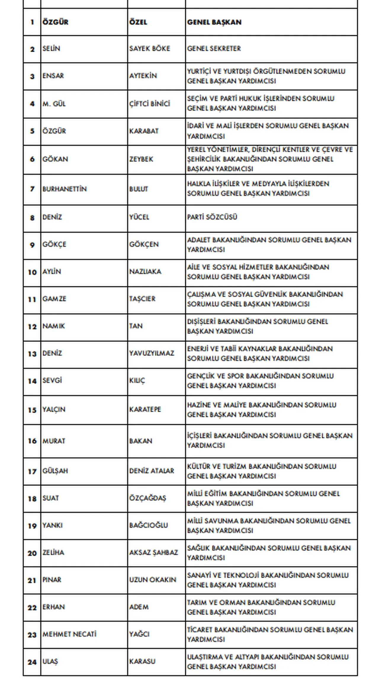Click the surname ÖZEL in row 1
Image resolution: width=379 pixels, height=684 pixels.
(138, 22)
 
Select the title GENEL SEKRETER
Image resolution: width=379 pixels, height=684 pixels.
(214, 49)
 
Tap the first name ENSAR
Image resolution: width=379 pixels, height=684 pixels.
(53, 76)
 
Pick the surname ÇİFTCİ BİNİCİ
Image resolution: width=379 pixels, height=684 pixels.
(150, 104)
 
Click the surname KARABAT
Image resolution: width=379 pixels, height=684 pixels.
(144, 131)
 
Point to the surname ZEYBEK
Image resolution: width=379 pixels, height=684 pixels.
(141, 159)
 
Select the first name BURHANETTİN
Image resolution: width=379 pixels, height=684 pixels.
(65, 189)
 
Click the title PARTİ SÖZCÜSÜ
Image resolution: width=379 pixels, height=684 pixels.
(212, 217)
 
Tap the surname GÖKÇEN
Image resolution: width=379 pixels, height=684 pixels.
(144, 244)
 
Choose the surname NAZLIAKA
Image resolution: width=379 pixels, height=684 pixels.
(145, 272)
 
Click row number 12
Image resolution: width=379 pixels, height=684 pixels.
(32, 327)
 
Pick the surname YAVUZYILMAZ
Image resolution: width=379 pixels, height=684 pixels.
(152, 353)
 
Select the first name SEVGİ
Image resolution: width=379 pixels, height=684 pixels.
(52, 381)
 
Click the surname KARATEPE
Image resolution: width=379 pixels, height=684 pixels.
(145, 410)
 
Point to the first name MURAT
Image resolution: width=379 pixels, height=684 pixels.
(54, 441)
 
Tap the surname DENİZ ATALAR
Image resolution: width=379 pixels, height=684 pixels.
(152, 471)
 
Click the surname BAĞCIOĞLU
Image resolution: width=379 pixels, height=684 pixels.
(148, 525)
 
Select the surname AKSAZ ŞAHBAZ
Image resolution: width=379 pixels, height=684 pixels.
(153, 553)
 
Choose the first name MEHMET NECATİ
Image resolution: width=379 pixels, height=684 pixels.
(69, 634)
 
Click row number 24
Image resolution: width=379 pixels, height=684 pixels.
(32, 662)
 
